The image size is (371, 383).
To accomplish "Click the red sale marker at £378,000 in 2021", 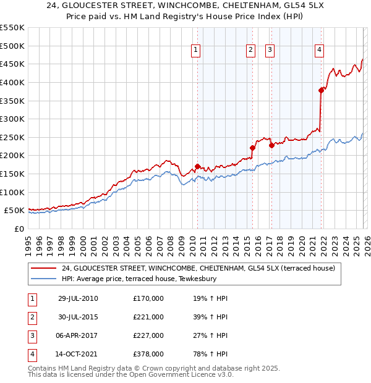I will (x=321, y=90).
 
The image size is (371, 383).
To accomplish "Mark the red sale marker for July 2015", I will (x=252, y=148).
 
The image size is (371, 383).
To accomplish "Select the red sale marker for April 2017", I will (x=271, y=146).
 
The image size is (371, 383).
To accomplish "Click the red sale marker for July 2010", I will (x=197, y=166).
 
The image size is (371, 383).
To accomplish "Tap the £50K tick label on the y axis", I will (x=15, y=211).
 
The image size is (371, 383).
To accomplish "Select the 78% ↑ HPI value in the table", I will (x=210, y=354).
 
